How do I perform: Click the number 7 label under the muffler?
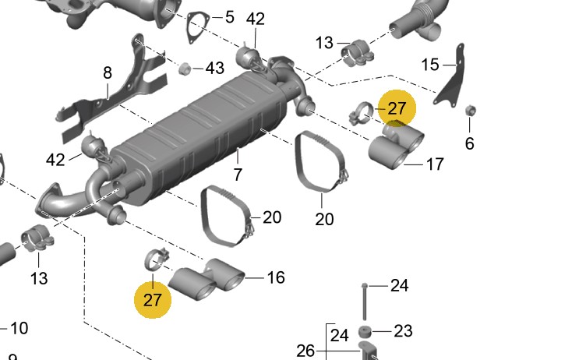click(238, 175)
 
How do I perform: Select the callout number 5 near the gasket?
click(229, 16)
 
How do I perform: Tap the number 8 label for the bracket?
click(108, 73)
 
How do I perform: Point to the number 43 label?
click(215, 69)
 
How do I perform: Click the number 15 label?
click(430, 65)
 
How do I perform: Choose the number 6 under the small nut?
click(469, 143)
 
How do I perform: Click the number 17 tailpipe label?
click(435, 164)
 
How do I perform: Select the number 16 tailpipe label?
click(276, 277)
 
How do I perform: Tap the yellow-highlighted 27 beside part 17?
click(397, 108)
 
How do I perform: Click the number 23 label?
click(402, 331)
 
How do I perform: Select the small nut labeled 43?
click(185, 69)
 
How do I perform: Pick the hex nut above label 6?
click(470, 110)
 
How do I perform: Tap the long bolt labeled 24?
click(364, 300)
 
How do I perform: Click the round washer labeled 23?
click(364, 332)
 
